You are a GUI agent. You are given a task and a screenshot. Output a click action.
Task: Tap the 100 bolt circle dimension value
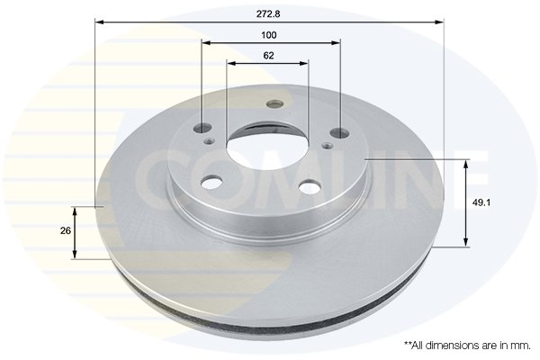[x=269, y=35]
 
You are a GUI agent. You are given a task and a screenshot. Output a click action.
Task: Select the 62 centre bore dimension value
[x=269, y=56]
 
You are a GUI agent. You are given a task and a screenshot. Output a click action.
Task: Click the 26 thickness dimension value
[x=65, y=231]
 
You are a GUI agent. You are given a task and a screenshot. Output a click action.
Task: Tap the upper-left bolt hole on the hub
[x=202, y=128]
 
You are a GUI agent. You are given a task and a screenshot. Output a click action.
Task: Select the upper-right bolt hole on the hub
[x=339, y=133]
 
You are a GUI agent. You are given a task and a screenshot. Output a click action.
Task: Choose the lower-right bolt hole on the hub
[x=309, y=186]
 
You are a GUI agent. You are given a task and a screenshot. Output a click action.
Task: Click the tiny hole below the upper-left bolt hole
[x=210, y=140]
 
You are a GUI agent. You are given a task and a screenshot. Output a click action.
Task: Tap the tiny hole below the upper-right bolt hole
[x=327, y=141]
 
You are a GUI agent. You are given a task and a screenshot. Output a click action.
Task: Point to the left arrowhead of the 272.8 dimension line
[x=98, y=22]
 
